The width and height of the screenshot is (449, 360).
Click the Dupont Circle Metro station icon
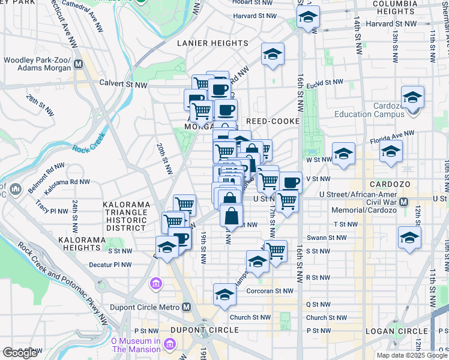coord(187,307)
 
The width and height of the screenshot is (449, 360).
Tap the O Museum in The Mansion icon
coord(170,344)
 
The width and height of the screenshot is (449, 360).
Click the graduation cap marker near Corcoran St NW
coord(224,294)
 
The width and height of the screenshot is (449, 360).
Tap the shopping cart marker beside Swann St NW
coord(276,250)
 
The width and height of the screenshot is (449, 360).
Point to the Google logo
coord(20,353)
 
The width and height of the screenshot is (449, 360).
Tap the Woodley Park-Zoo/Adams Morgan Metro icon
coord(77,64)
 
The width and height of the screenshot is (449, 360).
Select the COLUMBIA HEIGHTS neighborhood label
coord(411,7)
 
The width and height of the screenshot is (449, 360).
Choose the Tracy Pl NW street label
coord(51,211)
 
